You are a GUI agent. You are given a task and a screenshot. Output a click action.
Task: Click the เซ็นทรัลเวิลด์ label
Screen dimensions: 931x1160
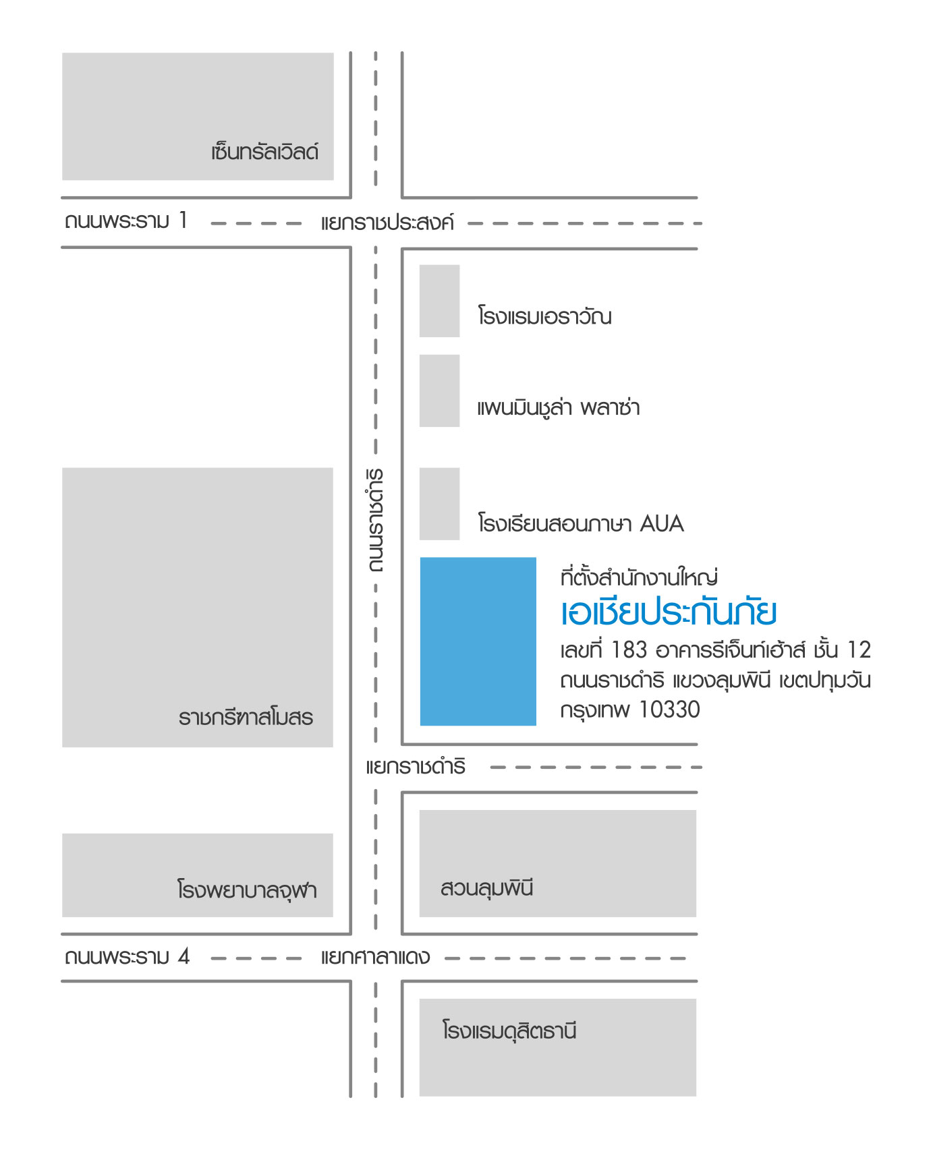click(264, 152)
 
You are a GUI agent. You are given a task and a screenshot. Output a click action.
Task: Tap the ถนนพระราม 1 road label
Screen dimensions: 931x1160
click(126, 221)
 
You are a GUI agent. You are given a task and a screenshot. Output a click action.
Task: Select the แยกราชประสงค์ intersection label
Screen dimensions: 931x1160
click(387, 223)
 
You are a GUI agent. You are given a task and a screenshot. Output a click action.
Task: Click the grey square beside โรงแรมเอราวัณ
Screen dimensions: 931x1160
click(439, 301)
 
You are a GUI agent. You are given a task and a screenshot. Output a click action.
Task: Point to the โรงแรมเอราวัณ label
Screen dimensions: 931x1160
click(544, 316)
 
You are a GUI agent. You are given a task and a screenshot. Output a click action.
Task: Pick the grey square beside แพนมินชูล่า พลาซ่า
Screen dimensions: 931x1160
click(439, 390)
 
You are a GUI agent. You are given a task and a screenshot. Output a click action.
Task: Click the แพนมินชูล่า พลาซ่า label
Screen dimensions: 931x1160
click(559, 407)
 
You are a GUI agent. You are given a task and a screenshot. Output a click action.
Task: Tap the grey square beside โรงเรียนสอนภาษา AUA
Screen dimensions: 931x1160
click(439, 504)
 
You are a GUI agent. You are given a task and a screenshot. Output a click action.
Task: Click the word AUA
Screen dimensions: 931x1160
click(662, 523)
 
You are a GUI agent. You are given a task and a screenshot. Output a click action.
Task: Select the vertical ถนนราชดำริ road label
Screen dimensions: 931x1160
click(376, 520)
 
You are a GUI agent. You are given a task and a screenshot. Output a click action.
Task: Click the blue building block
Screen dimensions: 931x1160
click(478, 641)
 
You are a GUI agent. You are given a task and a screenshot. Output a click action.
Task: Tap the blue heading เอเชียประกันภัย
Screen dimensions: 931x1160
click(669, 612)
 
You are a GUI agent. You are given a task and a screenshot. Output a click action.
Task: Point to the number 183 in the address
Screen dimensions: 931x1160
click(629, 649)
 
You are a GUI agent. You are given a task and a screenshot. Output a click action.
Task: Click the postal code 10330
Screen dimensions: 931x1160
click(669, 709)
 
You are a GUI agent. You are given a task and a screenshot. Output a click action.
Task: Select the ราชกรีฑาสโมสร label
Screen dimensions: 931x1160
click(246, 716)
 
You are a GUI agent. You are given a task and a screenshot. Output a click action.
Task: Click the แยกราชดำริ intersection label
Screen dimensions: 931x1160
click(416, 767)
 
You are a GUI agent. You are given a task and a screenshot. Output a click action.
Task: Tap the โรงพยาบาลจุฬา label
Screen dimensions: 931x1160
click(247, 890)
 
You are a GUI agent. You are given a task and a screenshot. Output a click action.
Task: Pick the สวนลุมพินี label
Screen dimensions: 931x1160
click(486, 888)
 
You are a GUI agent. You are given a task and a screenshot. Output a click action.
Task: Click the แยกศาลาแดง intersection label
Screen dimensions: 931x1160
click(375, 957)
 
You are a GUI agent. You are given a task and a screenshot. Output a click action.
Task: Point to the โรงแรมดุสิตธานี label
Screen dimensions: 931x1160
click(509, 1031)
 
